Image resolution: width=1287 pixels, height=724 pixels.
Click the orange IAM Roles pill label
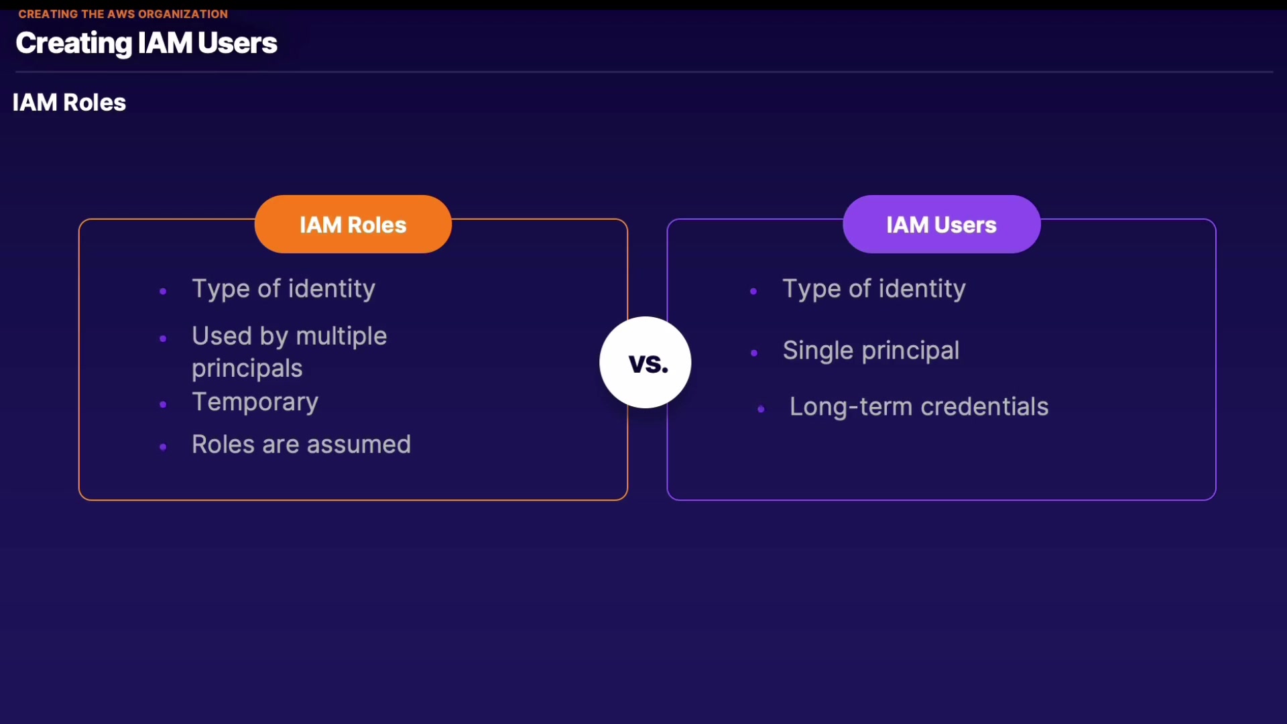[353, 224]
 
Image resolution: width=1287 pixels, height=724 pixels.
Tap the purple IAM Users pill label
[942, 224]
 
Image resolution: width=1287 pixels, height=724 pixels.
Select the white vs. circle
[646, 362]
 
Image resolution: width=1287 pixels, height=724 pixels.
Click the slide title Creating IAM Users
[146, 44]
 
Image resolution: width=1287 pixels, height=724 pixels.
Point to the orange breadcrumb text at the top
[123, 14]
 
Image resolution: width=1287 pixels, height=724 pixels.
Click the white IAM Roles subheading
[69, 103]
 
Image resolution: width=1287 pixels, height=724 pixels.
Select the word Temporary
[255, 402]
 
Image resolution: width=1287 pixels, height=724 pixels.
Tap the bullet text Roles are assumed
[301, 444]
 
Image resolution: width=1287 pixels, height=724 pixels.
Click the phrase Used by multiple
[290, 336]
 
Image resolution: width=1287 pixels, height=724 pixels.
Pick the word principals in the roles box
[247, 369]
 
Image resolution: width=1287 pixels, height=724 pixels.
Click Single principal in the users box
[871, 351]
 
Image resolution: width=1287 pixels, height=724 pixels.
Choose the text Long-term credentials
[919, 407]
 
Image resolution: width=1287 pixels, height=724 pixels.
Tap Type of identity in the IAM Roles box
[284, 289]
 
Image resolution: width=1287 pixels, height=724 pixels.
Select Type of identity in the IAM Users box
[874, 289]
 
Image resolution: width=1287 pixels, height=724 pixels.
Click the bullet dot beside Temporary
[163, 404]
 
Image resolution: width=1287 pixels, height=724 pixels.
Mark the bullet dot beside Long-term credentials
[761, 409]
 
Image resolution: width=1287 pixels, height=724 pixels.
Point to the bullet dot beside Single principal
[754, 353]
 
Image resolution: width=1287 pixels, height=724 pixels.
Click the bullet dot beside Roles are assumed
[163, 446]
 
